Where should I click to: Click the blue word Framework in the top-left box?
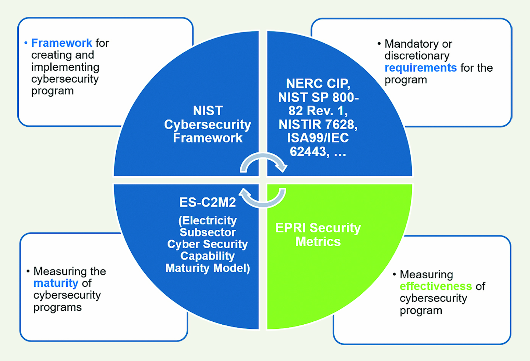pyautogui.click(x=61, y=43)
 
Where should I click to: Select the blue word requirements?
pyautogui.click(x=420, y=68)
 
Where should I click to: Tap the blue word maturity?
pyautogui.click(x=56, y=283)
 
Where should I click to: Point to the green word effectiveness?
pyautogui.click(x=435, y=286)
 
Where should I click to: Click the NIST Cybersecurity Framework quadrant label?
pyautogui.click(x=208, y=124)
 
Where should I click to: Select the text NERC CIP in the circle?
pyautogui.click(x=318, y=84)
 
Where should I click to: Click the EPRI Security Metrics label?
pyautogui.click(x=318, y=235)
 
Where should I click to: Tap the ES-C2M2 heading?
pyautogui.click(x=208, y=202)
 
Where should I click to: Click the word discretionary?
pyautogui.click(x=417, y=56)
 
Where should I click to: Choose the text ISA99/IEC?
pyautogui.click(x=318, y=138)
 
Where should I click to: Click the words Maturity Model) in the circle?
pyautogui.click(x=208, y=268)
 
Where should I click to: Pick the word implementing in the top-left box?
pyautogui.click(x=65, y=67)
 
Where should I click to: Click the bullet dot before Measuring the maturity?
pyautogui.click(x=28, y=271)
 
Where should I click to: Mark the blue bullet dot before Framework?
pyautogui.click(x=26, y=43)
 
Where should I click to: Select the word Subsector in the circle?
pyautogui.click(x=208, y=232)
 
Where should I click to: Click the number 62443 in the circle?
pyautogui.click(x=308, y=152)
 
